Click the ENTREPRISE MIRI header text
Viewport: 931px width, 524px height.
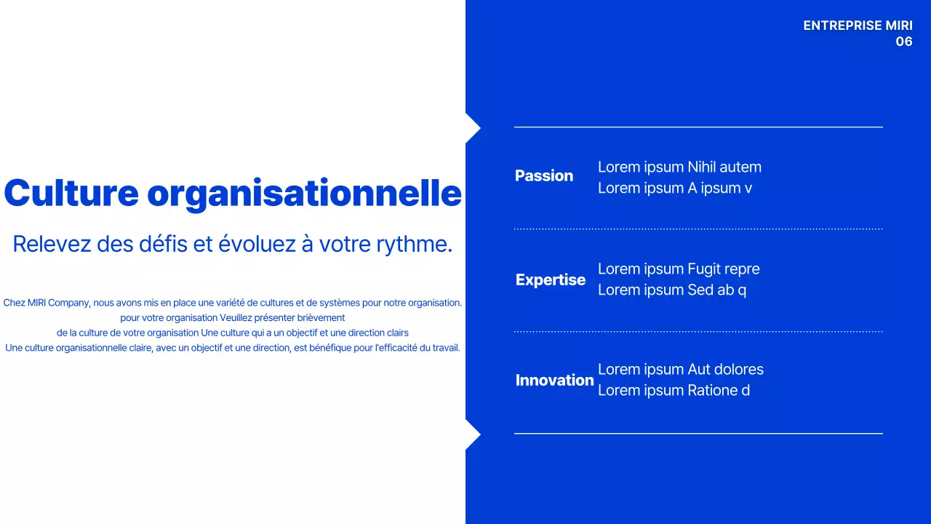pyautogui.click(x=858, y=25)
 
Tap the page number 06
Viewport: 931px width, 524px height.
pyautogui.click(x=903, y=41)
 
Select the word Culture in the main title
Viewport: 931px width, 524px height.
pyautogui.click(x=71, y=194)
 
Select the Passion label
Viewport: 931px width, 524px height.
pyautogui.click(x=543, y=176)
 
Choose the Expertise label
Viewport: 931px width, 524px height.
pyautogui.click(x=550, y=280)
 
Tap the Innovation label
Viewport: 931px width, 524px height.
pyautogui.click(x=554, y=381)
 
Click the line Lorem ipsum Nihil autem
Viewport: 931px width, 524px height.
pyautogui.click(x=679, y=167)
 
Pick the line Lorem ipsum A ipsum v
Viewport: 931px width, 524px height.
pyautogui.click(x=674, y=188)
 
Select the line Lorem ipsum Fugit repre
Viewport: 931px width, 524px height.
pyautogui.click(x=679, y=269)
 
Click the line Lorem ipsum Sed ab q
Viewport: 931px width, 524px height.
pyautogui.click(x=671, y=290)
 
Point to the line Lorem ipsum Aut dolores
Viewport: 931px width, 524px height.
pyautogui.click(x=680, y=370)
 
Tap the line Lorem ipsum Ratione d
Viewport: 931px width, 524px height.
pyautogui.click(x=674, y=391)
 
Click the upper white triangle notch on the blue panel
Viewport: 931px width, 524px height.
pyautogui.click(x=471, y=128)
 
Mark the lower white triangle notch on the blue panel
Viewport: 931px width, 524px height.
pyautogui.click(x=471, y=434)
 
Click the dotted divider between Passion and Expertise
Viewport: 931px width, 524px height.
pyautogui.click(x=698, y=229)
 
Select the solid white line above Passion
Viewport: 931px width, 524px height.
pyautogui.click(x=698, y=127)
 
